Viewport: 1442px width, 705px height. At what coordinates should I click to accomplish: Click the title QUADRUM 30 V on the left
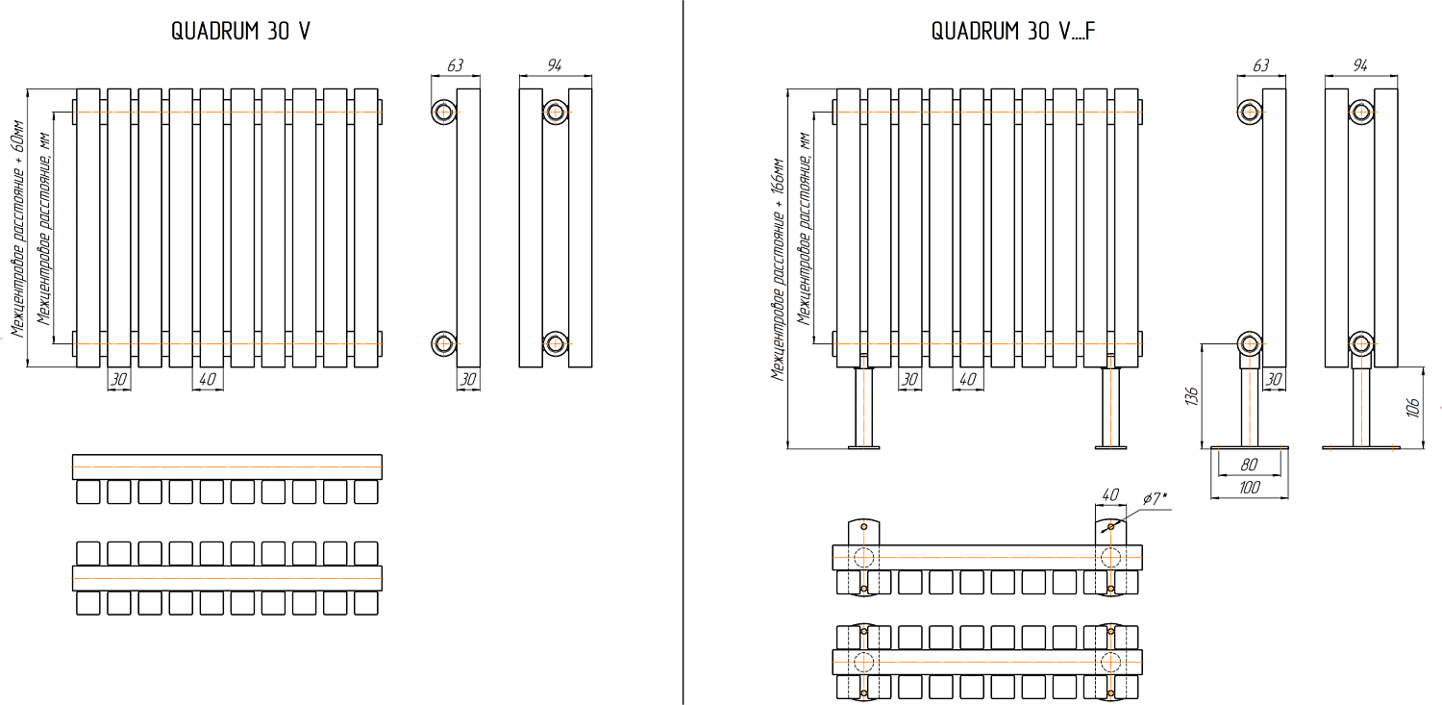(240, 31)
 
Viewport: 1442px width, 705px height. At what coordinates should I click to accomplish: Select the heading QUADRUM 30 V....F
(1013, 31)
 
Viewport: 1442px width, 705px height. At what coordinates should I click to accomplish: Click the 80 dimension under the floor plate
(1250, 464)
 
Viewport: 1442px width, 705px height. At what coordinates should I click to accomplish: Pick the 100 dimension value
(1249, 488)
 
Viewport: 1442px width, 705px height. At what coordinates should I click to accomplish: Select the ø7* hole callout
(1156, 497)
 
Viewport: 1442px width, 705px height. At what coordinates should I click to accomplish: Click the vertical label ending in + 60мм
(16, 229)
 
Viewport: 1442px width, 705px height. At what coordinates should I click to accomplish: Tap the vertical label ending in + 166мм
(778, 269)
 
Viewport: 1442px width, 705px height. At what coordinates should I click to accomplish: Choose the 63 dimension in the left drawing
(455, 65)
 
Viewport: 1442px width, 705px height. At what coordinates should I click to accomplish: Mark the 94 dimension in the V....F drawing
(1359, 65)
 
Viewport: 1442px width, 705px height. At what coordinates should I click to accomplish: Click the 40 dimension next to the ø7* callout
(1110, 494)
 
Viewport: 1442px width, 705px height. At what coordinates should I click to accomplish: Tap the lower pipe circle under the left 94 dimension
(555, 343)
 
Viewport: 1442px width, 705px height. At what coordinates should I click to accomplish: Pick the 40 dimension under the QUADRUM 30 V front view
(207, 380)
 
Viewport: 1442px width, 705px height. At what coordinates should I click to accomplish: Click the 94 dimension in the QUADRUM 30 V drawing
(554, 65)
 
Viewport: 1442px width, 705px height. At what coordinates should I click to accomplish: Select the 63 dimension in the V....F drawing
(1260, 65)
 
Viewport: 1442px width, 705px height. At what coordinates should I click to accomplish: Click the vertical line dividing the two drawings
(683, 352)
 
